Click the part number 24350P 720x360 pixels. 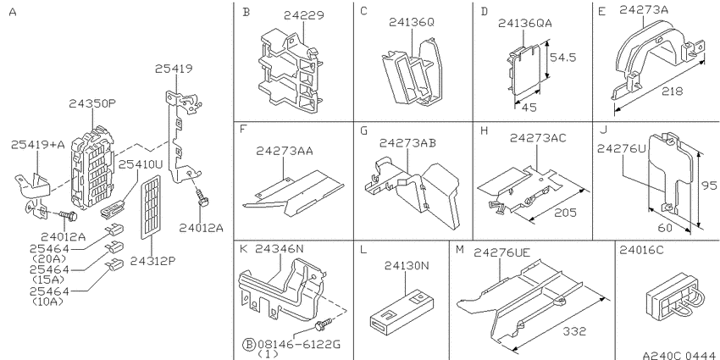(92, 104)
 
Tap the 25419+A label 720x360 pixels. (38, 145)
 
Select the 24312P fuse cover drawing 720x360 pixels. (151, 207)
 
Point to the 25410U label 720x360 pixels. (141, 164)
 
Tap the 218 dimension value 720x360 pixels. (672, 91)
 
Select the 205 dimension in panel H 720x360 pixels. (565, 213)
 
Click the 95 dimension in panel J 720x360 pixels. (709, 186)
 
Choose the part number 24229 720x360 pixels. (303, 15)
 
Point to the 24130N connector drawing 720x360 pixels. (402, 310)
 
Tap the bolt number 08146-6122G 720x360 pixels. (299, 344)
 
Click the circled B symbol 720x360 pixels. (248, 344)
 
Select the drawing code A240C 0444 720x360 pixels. (679, 355)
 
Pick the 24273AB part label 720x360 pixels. (407, 143)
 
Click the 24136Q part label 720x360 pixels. (412, 22)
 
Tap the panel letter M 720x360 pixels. (460, 250)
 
